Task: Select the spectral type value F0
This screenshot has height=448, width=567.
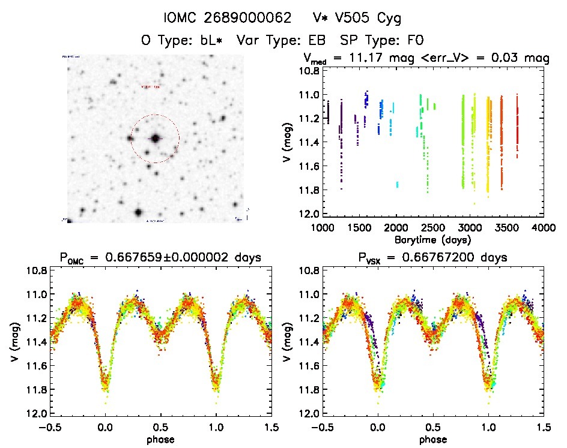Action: (416, 41)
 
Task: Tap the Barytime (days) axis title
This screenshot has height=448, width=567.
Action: (433, 239)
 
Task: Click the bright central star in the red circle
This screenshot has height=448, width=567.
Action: (156, 139)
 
